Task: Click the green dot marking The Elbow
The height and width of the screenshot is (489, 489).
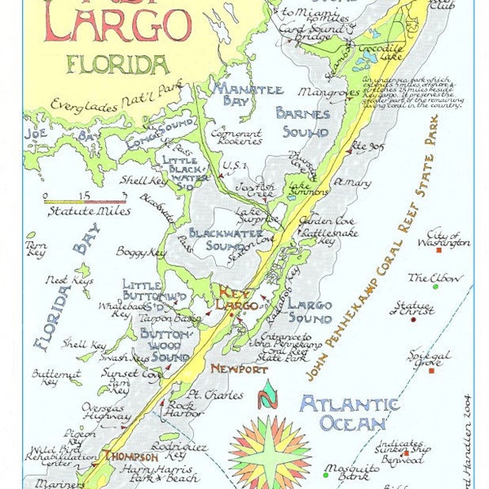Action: pos(435,286)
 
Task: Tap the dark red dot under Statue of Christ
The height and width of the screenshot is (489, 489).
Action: pos(413,319)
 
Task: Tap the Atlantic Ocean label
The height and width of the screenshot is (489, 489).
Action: pos(348,413)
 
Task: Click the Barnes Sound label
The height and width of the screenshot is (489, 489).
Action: pos(302,122)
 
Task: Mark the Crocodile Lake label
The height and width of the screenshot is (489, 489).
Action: pos(376,49)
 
